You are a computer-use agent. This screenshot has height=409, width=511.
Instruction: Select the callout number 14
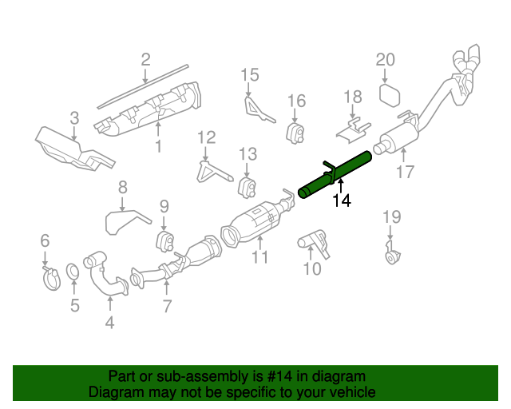coord(341,201)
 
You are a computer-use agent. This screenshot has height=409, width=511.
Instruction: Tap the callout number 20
coord(386,60)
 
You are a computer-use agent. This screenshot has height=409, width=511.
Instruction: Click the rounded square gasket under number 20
coord(389,96)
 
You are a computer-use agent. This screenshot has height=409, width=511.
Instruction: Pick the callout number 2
coord(145,59)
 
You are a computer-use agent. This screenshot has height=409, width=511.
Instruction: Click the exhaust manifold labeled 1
coord(152,108)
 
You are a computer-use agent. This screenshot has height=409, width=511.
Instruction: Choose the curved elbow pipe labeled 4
coord(104,276)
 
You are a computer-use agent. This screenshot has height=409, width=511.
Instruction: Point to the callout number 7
coord(166,305)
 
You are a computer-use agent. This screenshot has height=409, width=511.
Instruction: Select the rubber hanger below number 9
coord(164,241)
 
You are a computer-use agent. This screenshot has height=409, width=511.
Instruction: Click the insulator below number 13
coord(247,188)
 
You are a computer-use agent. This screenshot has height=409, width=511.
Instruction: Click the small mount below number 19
coord(391,258)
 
